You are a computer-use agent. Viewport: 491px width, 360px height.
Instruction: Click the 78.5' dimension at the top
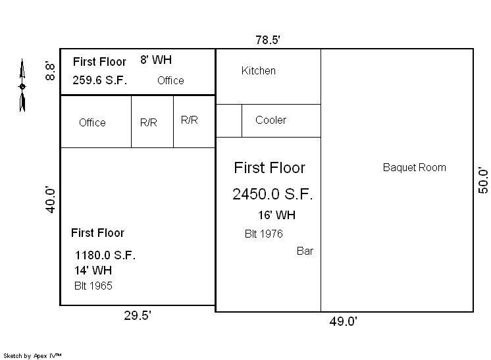pos(268,40)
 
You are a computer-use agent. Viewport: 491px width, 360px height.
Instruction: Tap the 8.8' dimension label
pos(50,70)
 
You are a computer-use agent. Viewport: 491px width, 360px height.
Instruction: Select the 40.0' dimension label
pos(51,199)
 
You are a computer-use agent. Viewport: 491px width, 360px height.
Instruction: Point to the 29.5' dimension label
pos(138,315)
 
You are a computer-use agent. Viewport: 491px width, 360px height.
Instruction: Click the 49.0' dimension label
pos(343,321)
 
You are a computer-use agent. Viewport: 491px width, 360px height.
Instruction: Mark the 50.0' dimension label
pos(483,180)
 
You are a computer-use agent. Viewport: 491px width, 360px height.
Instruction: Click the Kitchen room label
pos(259,70)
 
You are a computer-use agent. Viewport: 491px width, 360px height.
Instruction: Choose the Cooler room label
pos(271,120)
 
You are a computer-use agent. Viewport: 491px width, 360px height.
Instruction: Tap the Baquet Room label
pos(414,167)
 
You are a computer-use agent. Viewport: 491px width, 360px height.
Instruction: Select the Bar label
pos(305,251)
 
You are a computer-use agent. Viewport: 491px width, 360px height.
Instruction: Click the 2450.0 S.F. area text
pos(272,193)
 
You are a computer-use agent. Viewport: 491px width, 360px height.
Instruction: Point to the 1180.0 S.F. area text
pos(105,255)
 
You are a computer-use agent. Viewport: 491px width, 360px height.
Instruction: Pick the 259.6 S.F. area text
pos(100,80)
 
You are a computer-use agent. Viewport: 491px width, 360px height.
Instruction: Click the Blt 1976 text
pos(264,234)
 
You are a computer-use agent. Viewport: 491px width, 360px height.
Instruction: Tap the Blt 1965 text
pos(93,286)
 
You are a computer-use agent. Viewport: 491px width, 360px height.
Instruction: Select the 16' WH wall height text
pos(276,215)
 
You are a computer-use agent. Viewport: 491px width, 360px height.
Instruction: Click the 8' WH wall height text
pos(156,60)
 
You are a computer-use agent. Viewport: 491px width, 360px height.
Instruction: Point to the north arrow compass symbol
pos(22,85)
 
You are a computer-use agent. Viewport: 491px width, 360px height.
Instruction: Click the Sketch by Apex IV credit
pos(32,355)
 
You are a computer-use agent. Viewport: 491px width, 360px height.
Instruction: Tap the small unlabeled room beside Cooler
pos(229,120)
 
